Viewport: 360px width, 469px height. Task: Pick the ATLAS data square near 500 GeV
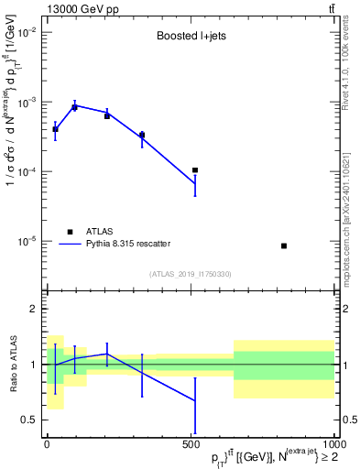click(195, 170)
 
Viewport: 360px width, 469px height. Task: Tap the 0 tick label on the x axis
click(47, 443)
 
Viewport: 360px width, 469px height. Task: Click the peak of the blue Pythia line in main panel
click(75, 105)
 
